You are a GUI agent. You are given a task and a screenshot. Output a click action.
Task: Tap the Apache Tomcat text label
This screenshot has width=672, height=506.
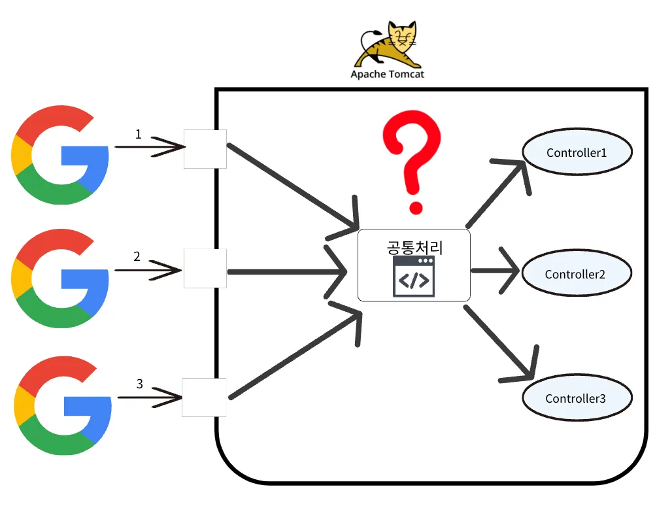pos(387,74)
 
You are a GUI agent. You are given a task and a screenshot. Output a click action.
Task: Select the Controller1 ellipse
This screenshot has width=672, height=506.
pos(577,152)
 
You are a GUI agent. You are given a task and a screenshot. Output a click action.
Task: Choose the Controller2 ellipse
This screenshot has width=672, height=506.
pos(575,274)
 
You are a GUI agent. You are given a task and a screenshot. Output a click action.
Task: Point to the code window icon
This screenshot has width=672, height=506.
pos(413,277)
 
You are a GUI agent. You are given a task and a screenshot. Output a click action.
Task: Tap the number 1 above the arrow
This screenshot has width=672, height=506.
pos(138,134)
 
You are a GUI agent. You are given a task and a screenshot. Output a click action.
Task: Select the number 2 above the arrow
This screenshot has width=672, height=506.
pos(137,256)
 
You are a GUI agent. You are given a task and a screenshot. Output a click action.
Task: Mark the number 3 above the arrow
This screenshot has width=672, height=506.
pos(139,384)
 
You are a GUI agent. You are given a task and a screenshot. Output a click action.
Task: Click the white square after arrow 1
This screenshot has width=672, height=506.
pos(205,148)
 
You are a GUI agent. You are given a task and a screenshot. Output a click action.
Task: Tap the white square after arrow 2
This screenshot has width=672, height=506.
pos(205,268)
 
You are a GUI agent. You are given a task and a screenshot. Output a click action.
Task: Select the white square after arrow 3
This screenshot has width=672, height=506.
pos(204,397)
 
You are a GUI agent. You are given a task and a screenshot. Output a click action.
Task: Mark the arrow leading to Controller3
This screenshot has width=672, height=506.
pos(500,343)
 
